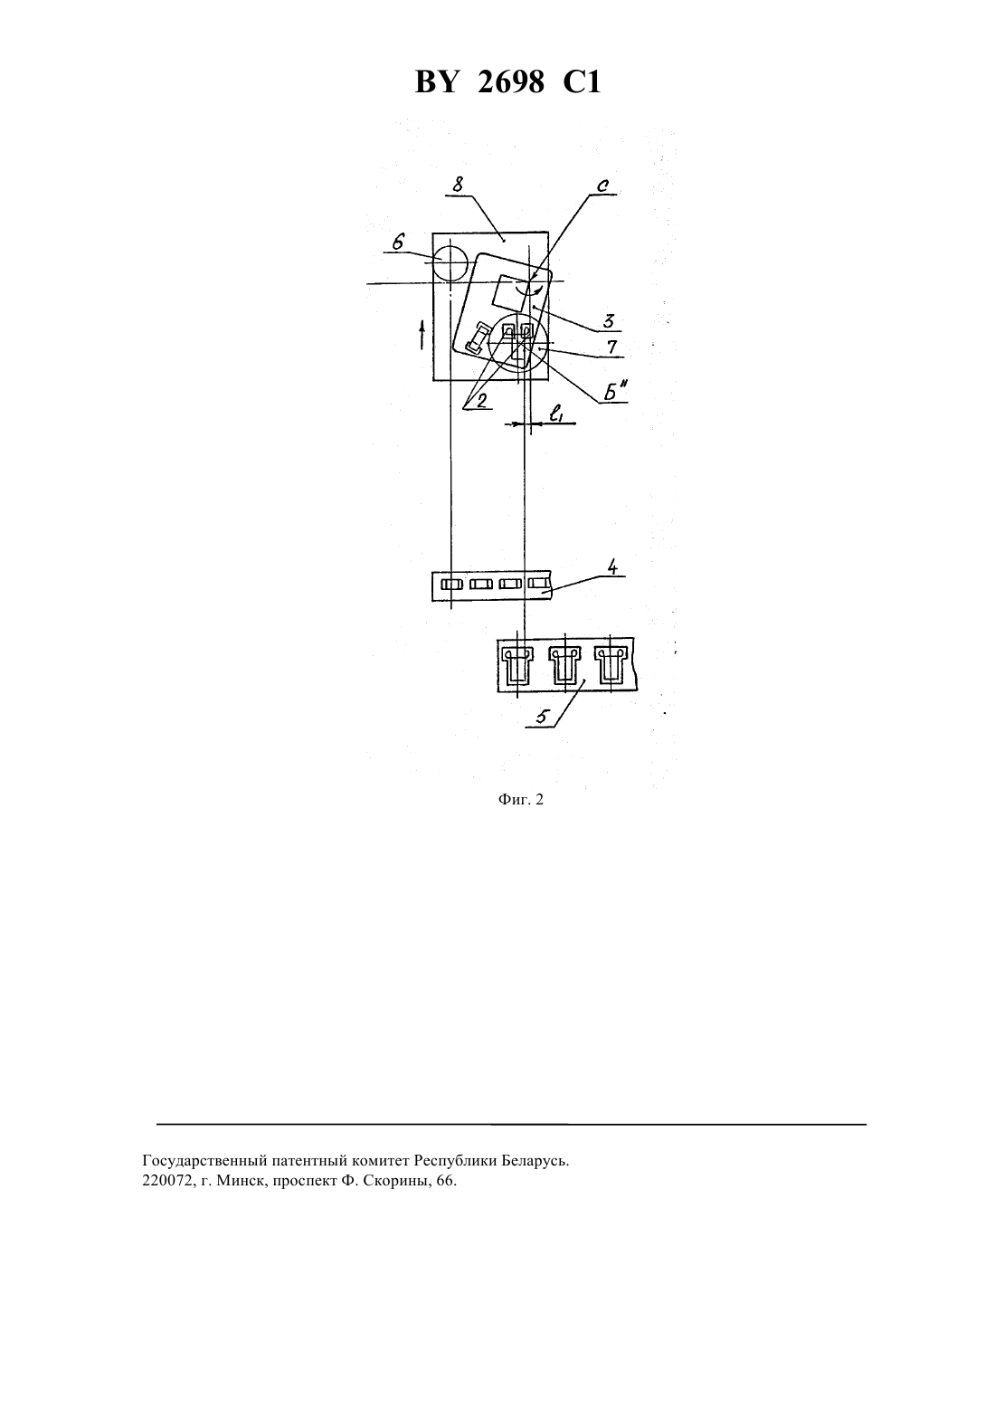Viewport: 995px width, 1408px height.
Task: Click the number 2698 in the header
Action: pyautogui.click(x=511, y=82)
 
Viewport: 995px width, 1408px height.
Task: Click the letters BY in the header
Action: pyautogui.click(x=435, y=82)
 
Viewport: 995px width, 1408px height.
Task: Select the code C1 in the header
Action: pyautogui.click(x=583, y=82)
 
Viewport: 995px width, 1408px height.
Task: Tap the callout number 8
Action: pyautogui.click(x=458, y=185)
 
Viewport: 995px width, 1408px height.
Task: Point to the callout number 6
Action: pyautogui.click(x=398, y=242)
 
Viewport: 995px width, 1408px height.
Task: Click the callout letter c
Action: pyautogui.click(x=602, y=186)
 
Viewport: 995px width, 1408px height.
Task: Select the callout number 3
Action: pyautogui.click(x=608, y=321)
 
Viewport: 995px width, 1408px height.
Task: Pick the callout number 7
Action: pyautogui.click(x=611, y=347)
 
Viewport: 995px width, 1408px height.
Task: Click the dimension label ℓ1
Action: pyautogui.click(x=556, y=414)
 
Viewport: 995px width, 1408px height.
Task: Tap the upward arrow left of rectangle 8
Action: pyautogui.click(x=422, y=334)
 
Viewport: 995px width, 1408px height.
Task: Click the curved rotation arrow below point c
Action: pyautogui.click(x=528, y=290)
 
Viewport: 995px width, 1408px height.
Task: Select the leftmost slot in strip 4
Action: pyautogui.click(x=451, y=585)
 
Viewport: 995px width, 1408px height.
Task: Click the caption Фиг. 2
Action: pyautogui.click(x=520, y=799)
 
